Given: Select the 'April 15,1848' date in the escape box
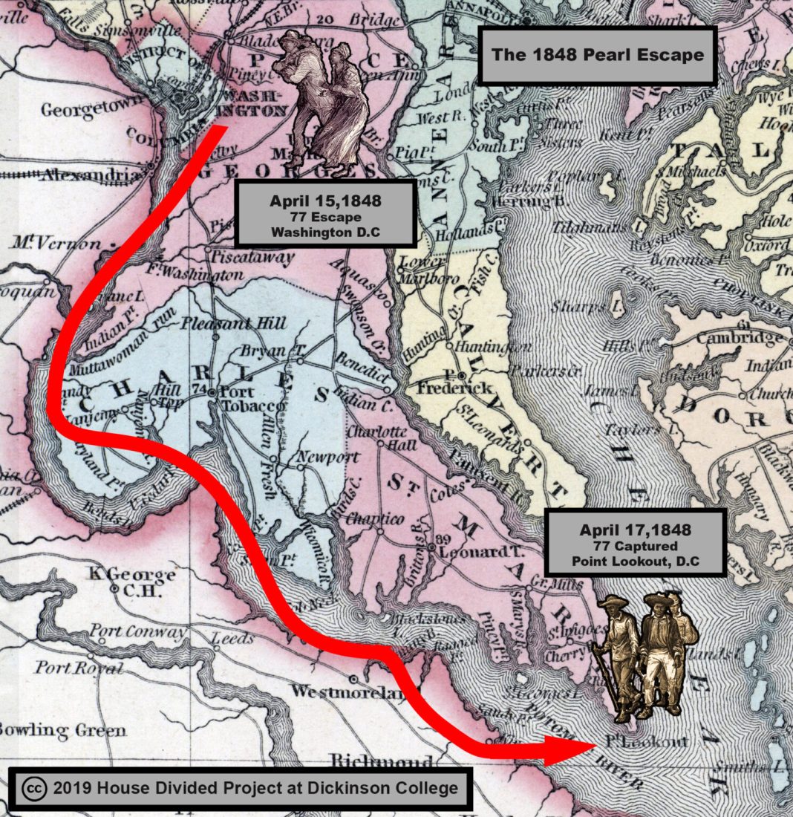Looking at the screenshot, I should point(325,201).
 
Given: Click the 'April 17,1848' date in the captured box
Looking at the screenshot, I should point(636,530).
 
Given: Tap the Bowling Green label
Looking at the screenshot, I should point(62,730).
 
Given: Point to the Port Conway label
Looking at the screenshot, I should point(138,633).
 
